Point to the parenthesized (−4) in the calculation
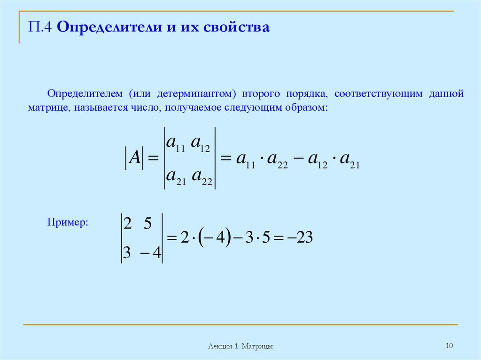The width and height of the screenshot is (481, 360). [213, 238]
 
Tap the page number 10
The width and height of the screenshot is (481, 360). [449, 346]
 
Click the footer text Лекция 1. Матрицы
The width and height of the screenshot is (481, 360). [240, 346]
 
